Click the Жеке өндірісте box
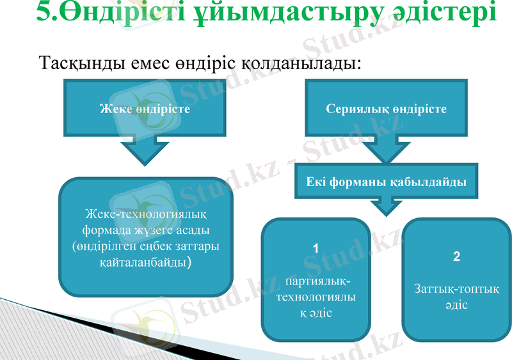145,109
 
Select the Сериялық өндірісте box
386,109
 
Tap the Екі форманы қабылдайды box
386,182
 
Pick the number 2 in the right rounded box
456,257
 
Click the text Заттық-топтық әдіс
456,297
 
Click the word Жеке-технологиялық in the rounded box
145,214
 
